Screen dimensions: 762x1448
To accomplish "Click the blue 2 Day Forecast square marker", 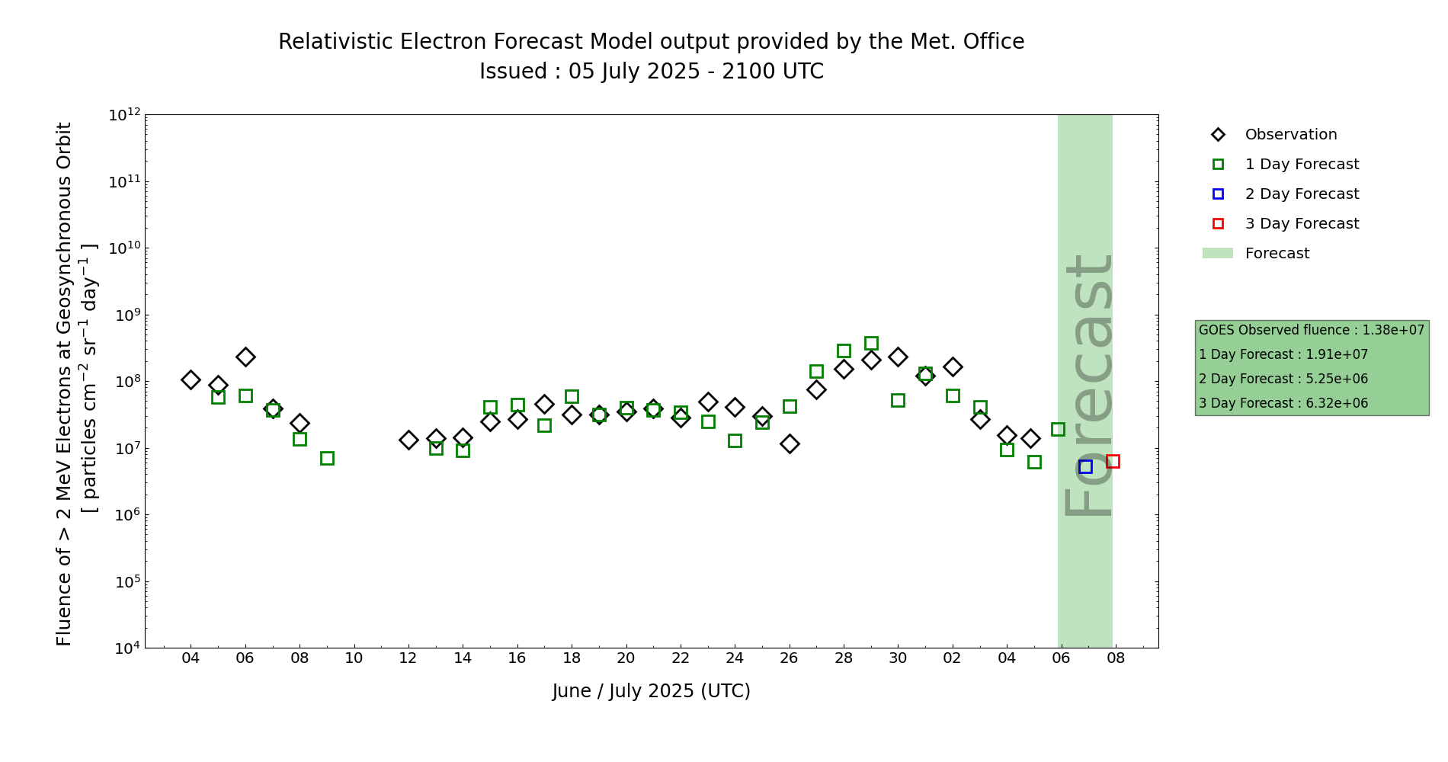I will click(1085, 466).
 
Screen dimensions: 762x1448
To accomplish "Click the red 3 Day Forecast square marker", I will click(1113, 461).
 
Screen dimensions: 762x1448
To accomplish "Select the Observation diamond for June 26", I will click(790, 443).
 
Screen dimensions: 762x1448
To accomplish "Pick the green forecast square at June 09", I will click(327, 458).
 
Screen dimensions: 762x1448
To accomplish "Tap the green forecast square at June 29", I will click(871, 343).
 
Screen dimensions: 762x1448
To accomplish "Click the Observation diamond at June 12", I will click(408, 440).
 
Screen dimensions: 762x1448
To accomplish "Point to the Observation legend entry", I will click(1290, 135).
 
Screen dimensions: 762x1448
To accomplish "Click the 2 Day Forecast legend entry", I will click(1301, 194).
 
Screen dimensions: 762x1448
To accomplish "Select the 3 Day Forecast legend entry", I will click(1301, 224).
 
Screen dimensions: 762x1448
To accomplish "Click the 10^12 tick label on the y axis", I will click(124, 115).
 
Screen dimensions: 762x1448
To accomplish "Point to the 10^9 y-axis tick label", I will click(126, 315).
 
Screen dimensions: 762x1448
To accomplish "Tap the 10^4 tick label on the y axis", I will click(126, 648).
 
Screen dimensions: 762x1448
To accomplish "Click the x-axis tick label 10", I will click(354, 658).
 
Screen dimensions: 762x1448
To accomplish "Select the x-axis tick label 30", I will click(898, 658).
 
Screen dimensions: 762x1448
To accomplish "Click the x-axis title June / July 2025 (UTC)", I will click(651, 691).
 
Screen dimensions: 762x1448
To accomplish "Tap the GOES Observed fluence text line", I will click(1311, 330).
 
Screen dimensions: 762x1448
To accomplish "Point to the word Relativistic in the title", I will click(332, 42).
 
